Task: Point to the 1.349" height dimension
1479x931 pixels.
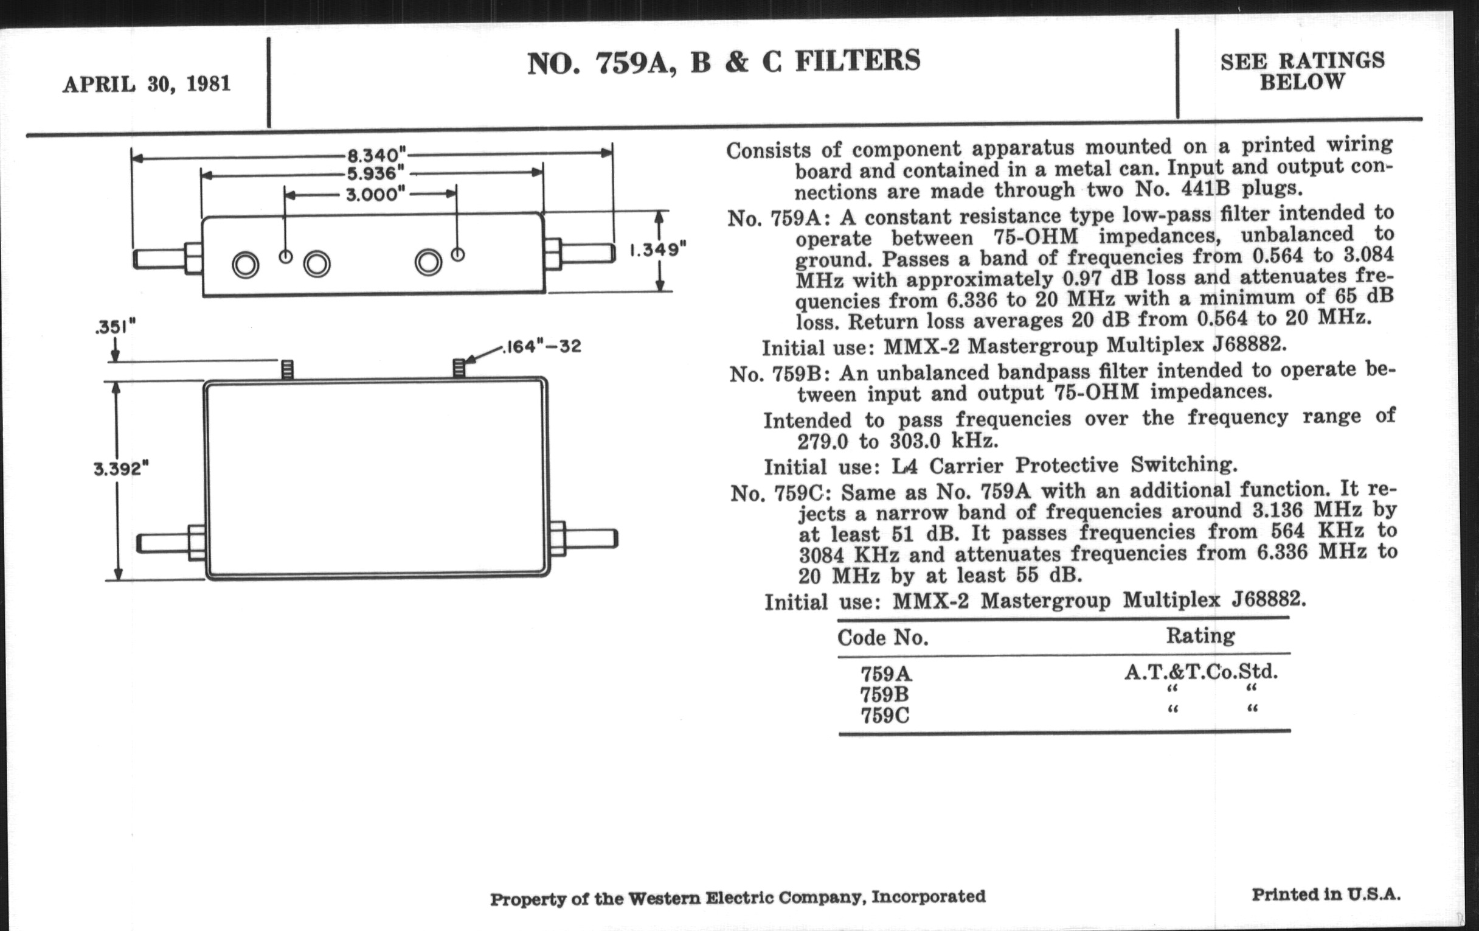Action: coord(657,250)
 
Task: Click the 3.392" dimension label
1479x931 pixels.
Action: coord(122,470)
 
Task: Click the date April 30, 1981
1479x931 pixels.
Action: coord(146,83)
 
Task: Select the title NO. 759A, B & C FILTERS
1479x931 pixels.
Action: coord(724,62)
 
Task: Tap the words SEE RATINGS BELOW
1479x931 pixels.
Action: coord(1302,71)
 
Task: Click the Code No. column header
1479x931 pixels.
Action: coord(882,638)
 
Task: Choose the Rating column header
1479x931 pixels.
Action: coord(1200,635)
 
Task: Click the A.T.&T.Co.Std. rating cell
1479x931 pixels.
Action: coord(1200,672)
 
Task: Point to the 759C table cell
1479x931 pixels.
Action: coord(885,716)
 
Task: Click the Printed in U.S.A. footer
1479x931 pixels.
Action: coord(1326,894)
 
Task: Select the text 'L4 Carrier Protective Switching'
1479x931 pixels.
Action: coord(1064,466)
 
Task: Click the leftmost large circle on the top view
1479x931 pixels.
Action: coord(245,265)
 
